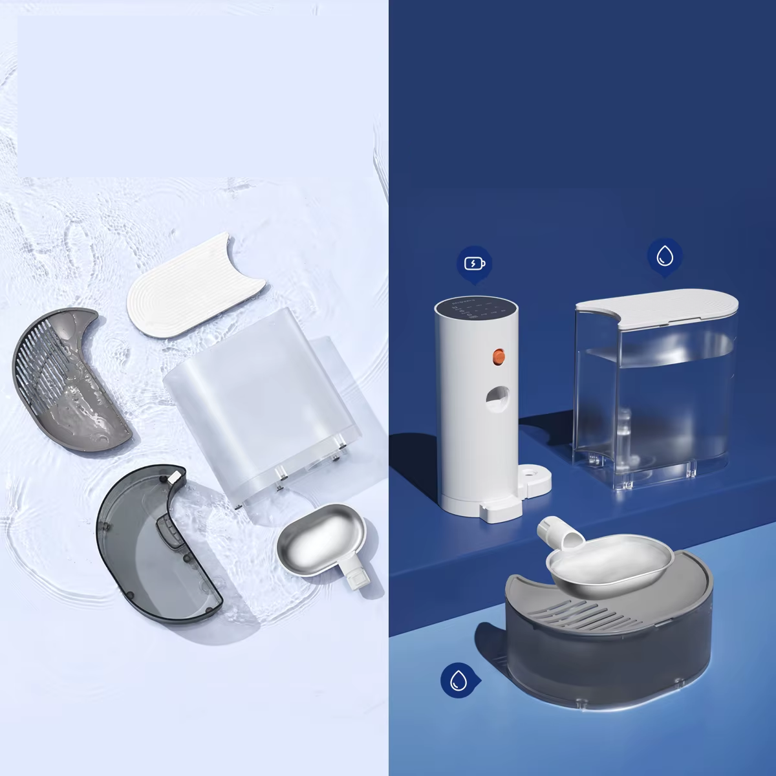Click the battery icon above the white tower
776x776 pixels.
click(x=474, y=264)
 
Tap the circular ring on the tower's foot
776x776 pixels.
click(x=532, y=480)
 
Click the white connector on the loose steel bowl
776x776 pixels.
click(x=358, y=577)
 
